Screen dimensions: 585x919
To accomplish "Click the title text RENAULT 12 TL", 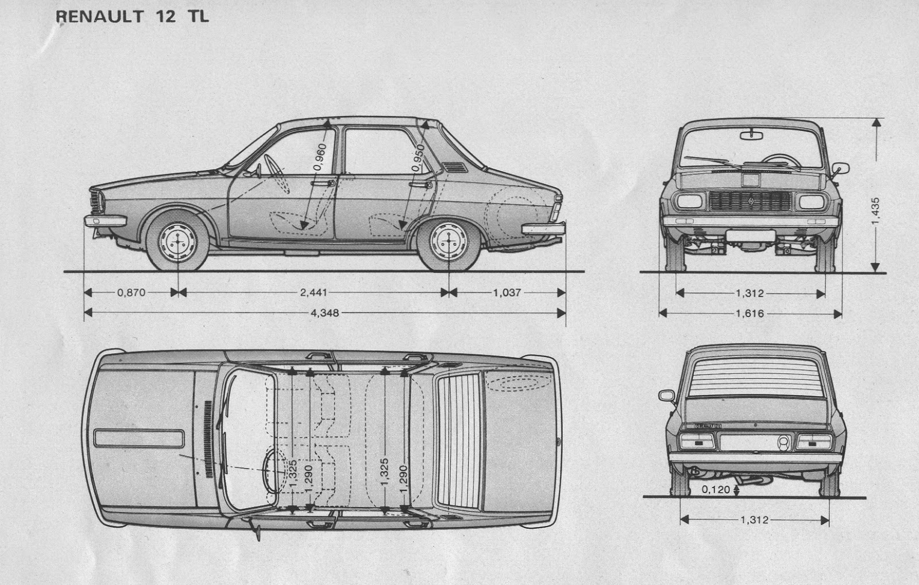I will coord(133,16).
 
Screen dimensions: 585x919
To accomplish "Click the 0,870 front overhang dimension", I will coord(131,292).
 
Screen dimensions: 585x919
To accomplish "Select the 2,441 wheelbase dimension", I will coord(313,292).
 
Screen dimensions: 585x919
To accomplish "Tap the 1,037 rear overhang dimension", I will coord(507,292).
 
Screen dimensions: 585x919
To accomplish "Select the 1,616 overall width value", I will coord(750,313).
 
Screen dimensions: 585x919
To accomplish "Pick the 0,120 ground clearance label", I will coord(716,490).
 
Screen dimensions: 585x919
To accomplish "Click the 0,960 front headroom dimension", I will coord(321,157).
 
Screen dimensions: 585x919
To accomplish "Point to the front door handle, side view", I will coord(323,183).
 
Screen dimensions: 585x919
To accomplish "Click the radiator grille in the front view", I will coord(750,201).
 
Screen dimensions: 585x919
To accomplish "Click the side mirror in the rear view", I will coord(667,396).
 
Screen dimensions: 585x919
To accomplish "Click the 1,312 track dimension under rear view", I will coord(754,520).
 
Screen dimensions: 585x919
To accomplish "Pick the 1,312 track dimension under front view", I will coord(750,293).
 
